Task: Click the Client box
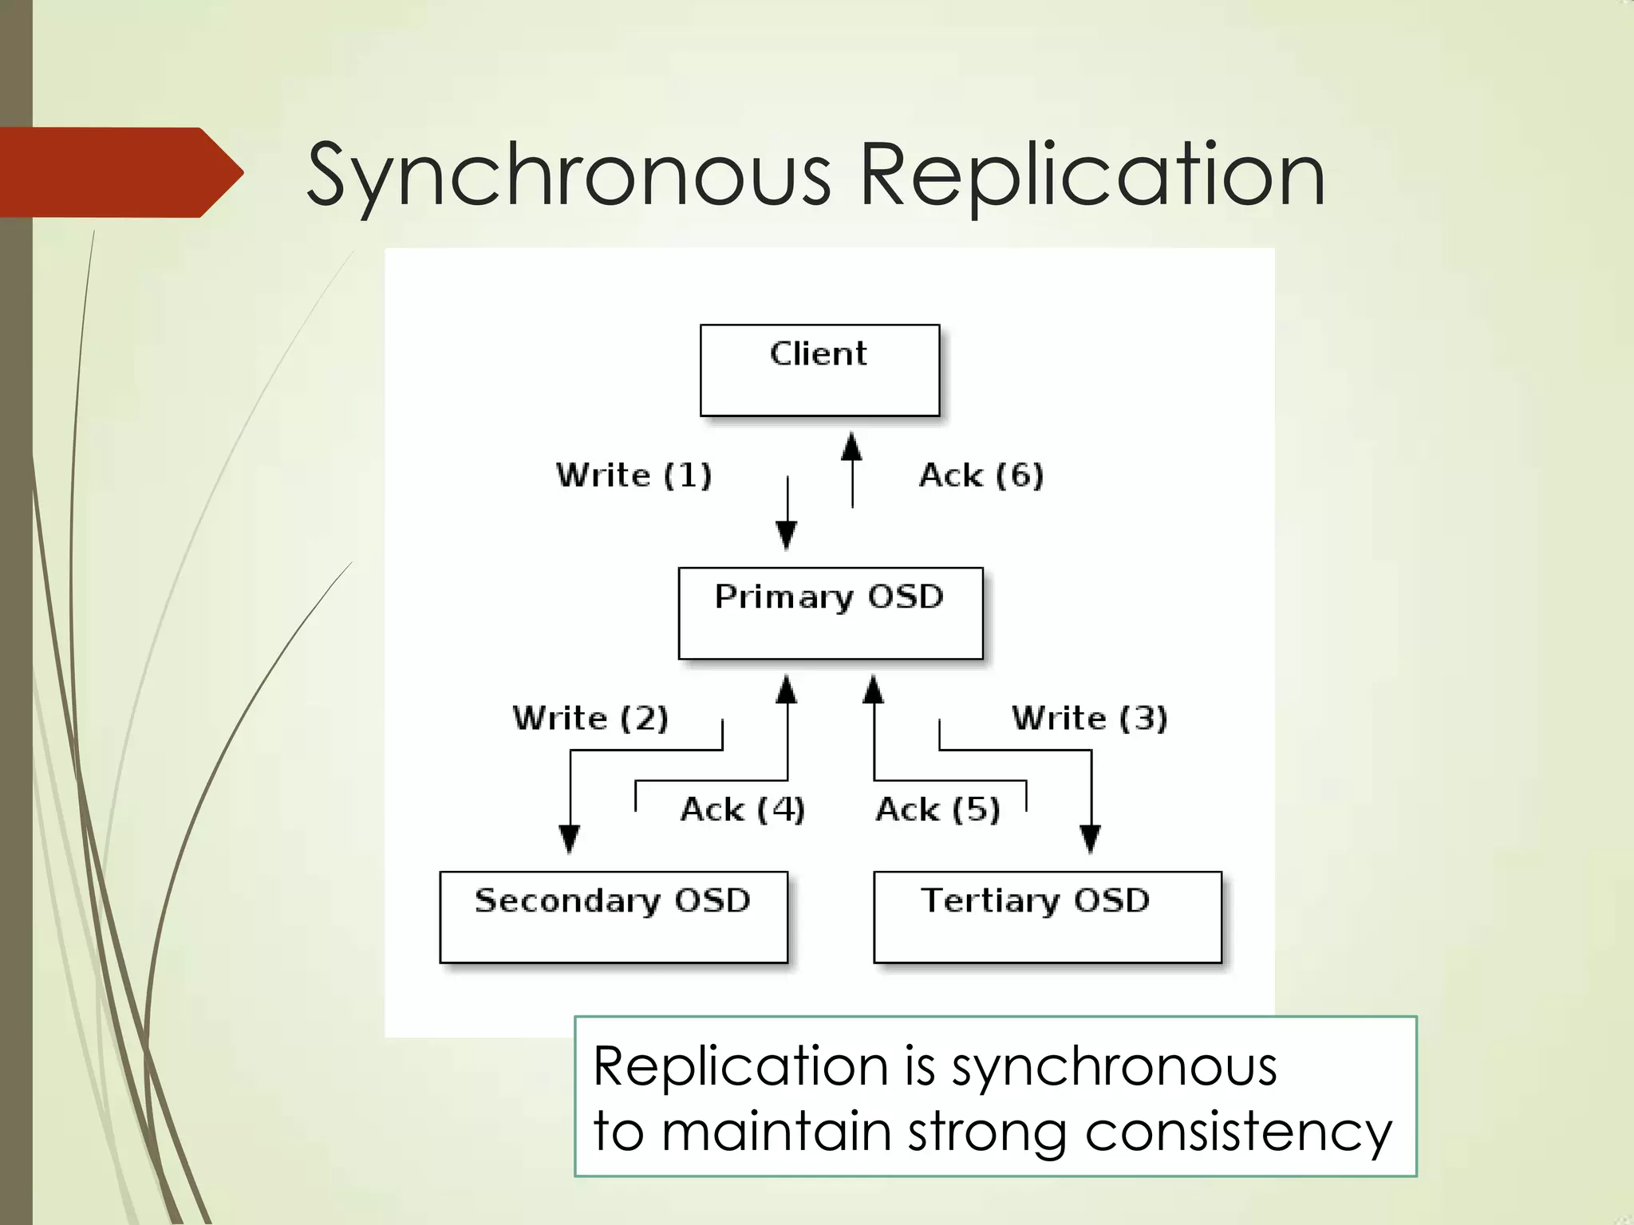click(x=819, y=370)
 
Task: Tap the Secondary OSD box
click(x=613, y=917)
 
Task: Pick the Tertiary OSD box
click(x=1047, y=917)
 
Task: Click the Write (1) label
click(x=633, y=475)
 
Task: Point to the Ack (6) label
click(x=981, y=475)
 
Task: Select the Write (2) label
click(x=590, y=718)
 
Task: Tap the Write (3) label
click(x=1089, y=718)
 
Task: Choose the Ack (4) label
click(x=742, y=809)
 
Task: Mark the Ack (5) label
click(x=937, y=809)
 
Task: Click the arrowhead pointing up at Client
click(x=852, y=447)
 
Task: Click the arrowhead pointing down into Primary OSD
click(x=787, y=534)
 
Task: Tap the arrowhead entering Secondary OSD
click(x=569, y=839)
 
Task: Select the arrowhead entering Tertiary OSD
click(x=1091, y=839)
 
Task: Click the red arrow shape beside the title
click(x=120, y=172)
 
